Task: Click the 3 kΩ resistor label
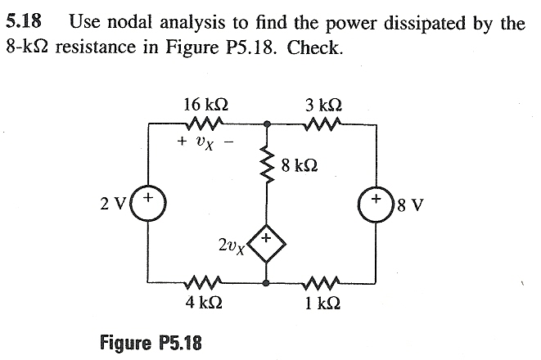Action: (322, 105)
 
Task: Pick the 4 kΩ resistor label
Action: (201, 302)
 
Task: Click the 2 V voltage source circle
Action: (148, 200)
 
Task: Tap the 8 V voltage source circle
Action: (376, 200)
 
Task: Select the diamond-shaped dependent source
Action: (266, 244)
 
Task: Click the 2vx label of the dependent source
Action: (233, 244)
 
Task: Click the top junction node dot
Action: (266, 124)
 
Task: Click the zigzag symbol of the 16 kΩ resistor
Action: (201, 124)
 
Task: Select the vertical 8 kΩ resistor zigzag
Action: (266, 167)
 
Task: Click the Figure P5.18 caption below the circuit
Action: (151, 341)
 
